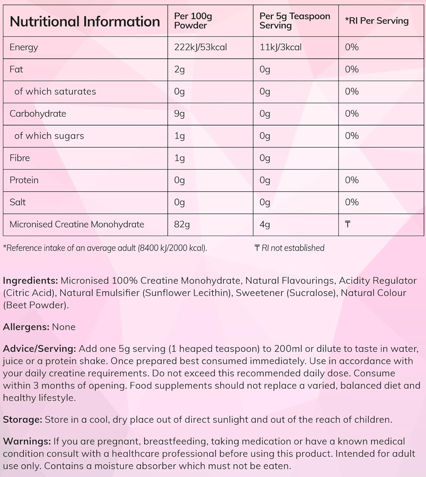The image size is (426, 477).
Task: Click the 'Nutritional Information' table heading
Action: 85,21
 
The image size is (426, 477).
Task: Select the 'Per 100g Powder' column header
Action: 193,20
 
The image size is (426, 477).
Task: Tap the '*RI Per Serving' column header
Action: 377,21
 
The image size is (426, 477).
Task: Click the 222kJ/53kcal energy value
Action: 200,47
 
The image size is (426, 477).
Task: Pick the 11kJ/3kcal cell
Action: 280,47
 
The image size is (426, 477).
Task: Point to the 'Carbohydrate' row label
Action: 38,114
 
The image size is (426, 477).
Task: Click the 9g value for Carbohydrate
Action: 179,114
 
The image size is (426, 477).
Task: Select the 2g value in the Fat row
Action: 179,69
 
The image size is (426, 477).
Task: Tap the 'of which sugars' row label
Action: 49,136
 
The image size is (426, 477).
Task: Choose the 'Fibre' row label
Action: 19,158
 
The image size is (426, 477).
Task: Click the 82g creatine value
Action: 182,224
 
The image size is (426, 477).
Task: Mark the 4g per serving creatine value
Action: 265,224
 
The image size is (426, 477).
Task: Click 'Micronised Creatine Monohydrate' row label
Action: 77,224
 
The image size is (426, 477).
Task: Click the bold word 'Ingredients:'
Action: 30,281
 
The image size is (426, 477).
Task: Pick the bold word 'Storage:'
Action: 22,420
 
